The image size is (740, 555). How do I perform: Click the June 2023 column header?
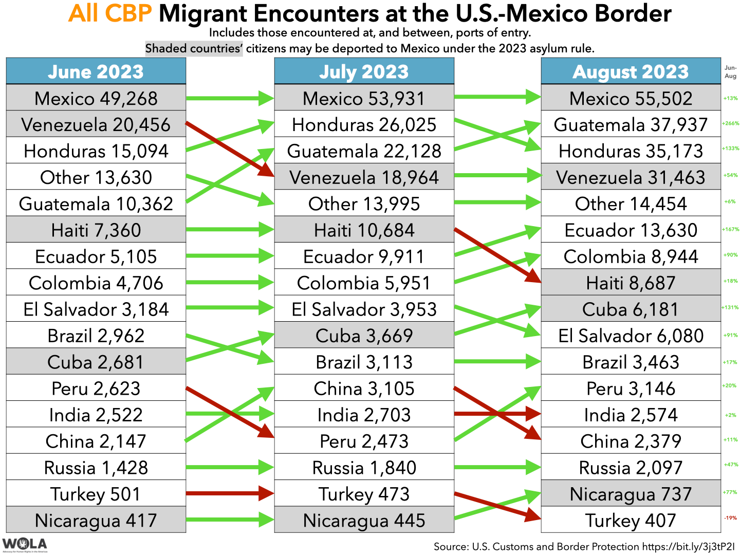pyautogui.click(x=96, y=71)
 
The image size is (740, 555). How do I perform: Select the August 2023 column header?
pyautogui.click(x=631, y=71)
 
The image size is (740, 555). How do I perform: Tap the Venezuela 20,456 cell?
pyautogui.click(x=96, y=124)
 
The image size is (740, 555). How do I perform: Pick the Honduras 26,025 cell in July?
pyautogui.click(x=364, y=124)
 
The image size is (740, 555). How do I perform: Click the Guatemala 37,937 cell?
pyautogui.click(x=631, y=124)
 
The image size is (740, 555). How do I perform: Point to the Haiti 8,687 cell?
pyautogui.click(x=631, y=283)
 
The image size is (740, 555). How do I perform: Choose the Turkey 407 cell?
pyautogui.click(x=631, y=520)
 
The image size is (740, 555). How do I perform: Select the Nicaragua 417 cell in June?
pyautogui.click(x=96, y=520)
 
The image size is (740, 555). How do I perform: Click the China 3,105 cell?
pyautogui.click(x=364, y=388)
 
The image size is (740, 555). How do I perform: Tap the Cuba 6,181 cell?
pyautogui.click(x=631, y=309)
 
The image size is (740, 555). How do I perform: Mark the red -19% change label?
pyautogui.click(x=730, y=518)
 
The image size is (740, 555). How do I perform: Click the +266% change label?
pyautogui.click(x=730, y=123)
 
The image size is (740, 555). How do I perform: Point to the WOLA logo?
pyautogui.click(x=24, y=545)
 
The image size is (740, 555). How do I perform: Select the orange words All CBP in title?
pyautogui.click(x=110, y=14)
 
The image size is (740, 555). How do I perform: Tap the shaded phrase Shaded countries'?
pyautogui.click(x=194, y=49)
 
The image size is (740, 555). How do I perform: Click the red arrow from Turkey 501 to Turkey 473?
pyautogui.click(x=229, y=493)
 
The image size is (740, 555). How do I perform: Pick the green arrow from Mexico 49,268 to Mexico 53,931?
pyautogui.click(x=229, y=98)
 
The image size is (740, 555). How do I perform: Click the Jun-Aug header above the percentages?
pyautogui.click(x=730, y=71)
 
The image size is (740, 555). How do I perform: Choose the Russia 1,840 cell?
pyautogui.click(x=364, y=468)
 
